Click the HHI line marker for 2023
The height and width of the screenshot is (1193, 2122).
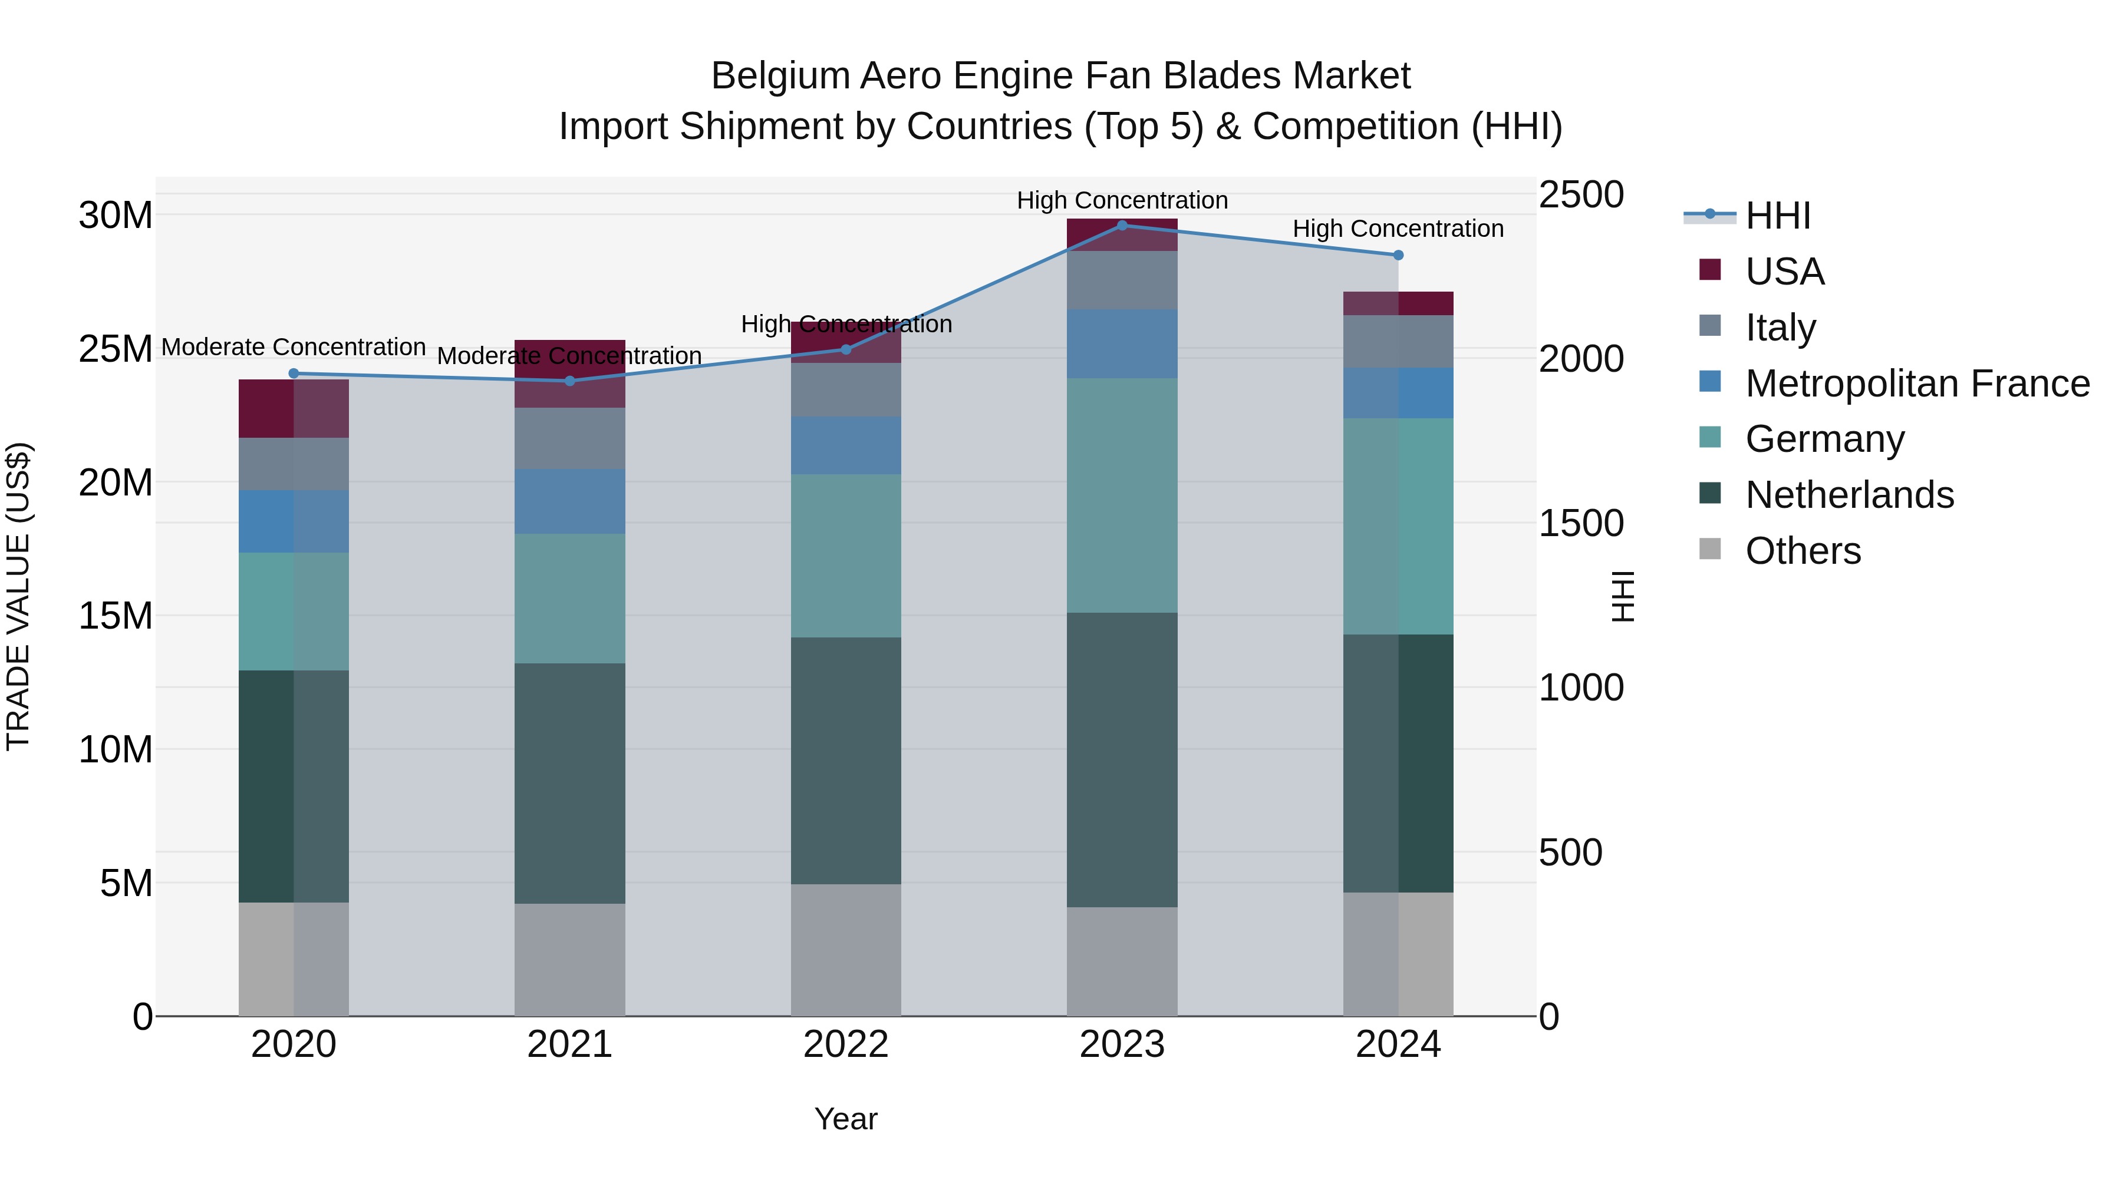(x=1121, y=225)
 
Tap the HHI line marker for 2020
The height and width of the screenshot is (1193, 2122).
(x=294, y=373)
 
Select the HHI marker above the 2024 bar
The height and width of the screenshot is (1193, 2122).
(x=1398, y=255)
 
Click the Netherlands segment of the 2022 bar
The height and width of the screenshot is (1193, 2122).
(x=845, y=760)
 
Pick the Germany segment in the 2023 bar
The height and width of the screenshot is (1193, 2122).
(x=1121, y=495)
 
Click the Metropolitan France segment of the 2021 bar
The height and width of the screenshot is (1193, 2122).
(x=569, y=501)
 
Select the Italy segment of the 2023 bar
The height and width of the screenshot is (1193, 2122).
(x=1121, y=280)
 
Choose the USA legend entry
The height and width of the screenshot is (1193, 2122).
(x=1784, y=271)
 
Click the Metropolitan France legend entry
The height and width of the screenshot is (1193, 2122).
(x=1916, y=383)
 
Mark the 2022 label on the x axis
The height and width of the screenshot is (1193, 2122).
(x=845, y=1045)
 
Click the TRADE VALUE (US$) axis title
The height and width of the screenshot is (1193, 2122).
(x=18, y=596)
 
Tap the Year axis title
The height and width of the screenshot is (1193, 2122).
(x=845, y=1119)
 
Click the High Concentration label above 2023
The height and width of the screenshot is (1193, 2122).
(x=1121, y=200)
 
